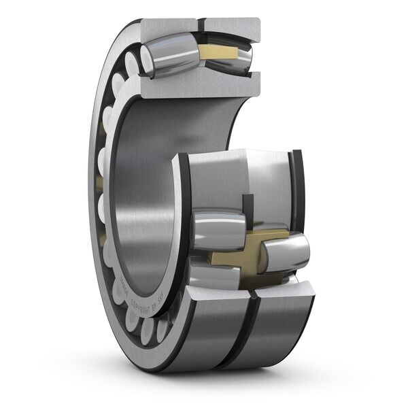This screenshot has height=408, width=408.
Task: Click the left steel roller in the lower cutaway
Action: (x=218, y=231)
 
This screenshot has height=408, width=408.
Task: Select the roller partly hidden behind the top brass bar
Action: (x=235, y=58)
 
